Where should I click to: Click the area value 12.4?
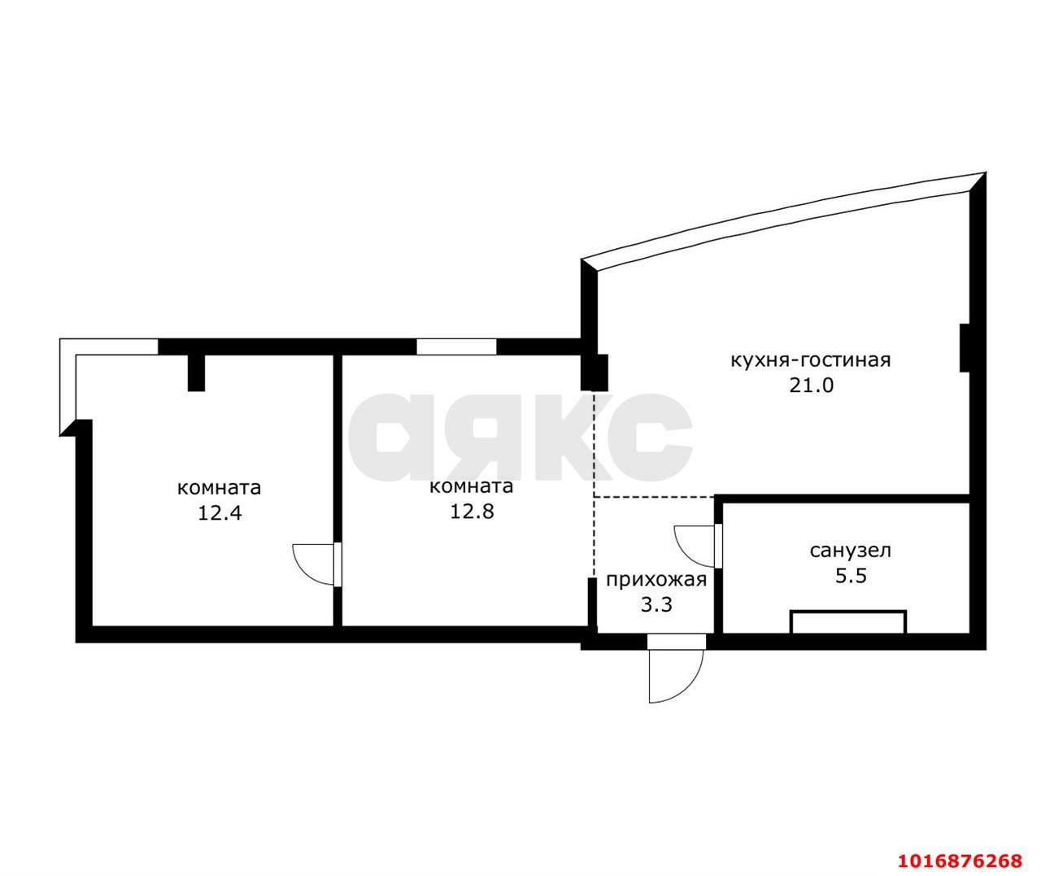[x=220, y=512]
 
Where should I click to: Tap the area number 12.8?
[x=472, y=511]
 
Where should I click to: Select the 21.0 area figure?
[x=811, y=386]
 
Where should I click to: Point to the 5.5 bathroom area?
[x=851, y=576]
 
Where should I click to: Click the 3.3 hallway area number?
[x=656, y=605]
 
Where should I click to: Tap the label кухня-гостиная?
[x=811, y=360]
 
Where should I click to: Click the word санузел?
[x=851, y=551]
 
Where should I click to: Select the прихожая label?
[x=656, y=580]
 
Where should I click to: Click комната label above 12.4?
[x=220, y=487]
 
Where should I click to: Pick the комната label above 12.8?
[x=471, y=486]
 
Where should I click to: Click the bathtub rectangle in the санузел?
[x=848, y=621]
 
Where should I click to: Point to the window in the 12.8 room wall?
[x=456, y=346]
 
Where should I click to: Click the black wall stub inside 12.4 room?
[x=196, y=373]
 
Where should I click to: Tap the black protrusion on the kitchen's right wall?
[x=965, y=347]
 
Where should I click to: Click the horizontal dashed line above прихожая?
[x=654, y=497]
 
